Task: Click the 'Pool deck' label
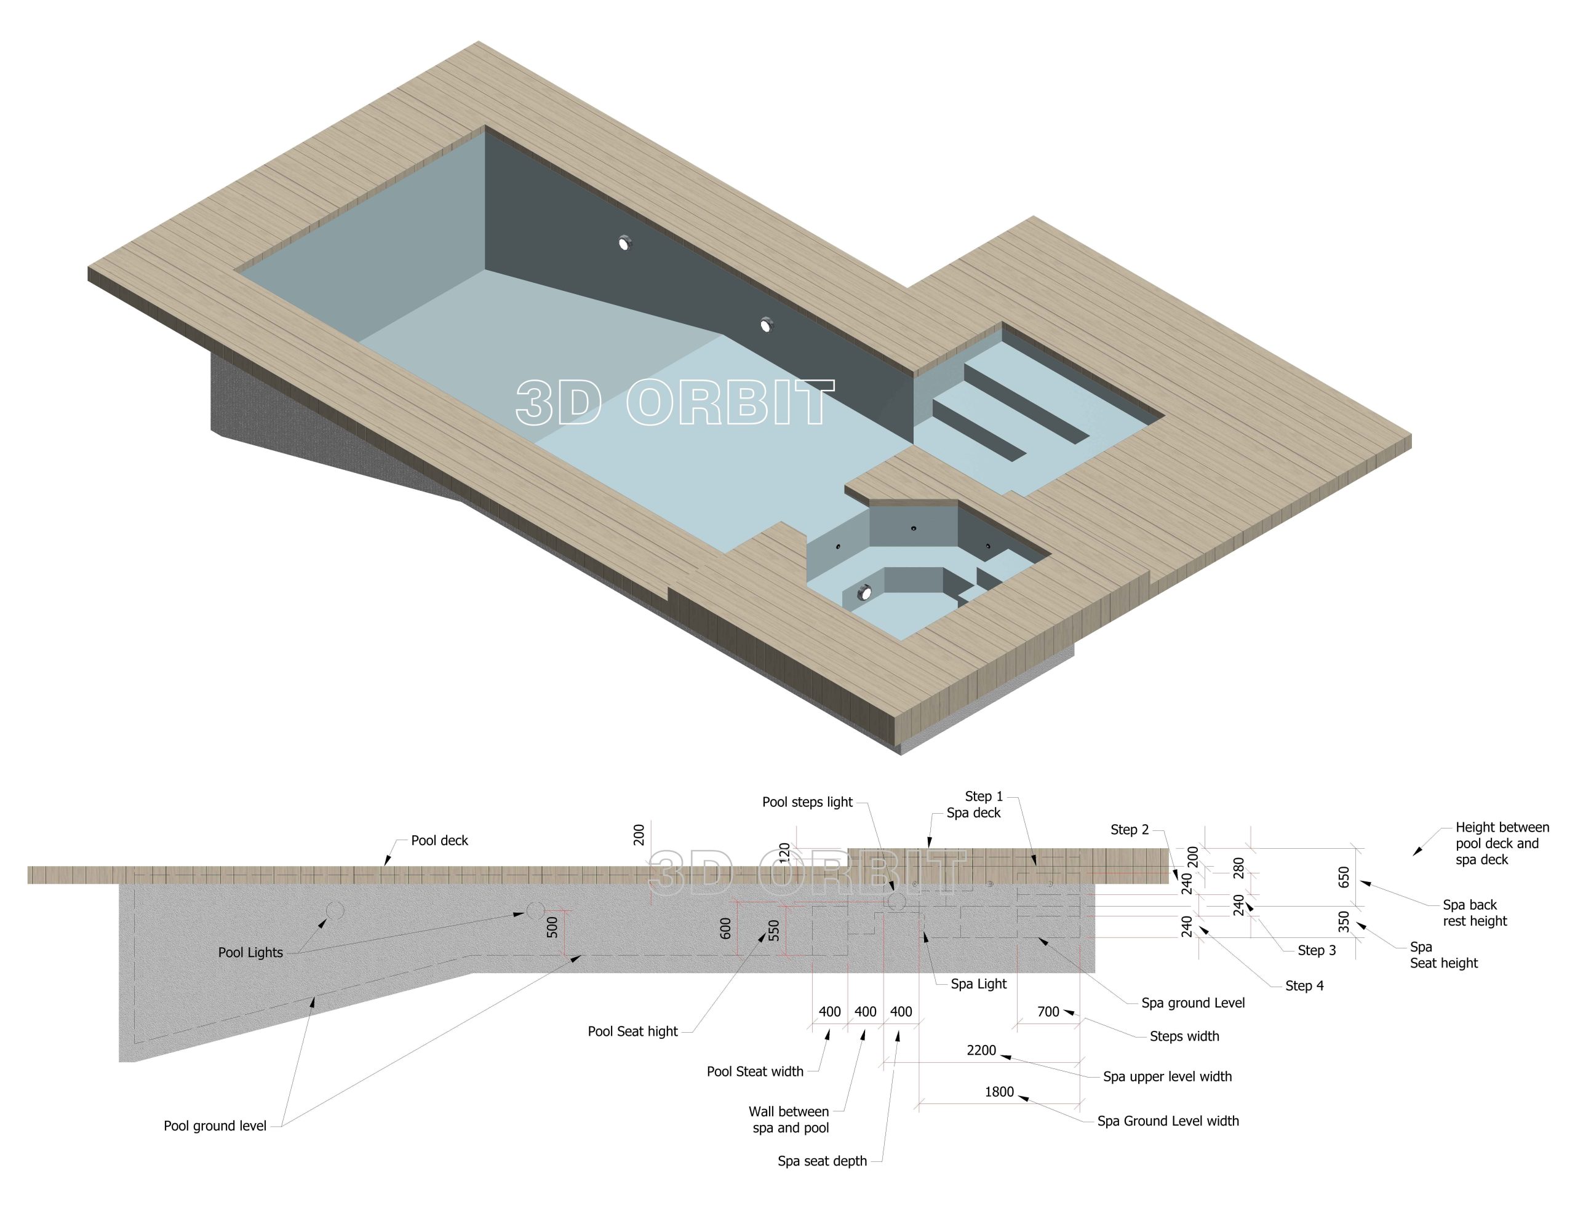coord(439,840)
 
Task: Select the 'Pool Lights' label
coord(250,952)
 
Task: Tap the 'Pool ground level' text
coord(215,1126)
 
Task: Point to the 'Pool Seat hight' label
coord(632,1031)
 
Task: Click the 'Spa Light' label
coord(979,984)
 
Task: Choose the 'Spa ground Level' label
coord(1193,1003)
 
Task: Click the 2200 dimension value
coord(981,1050)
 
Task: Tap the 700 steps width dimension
coord(1048,1012)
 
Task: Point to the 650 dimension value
coord(1344,877)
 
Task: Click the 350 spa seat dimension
coord(1344,922)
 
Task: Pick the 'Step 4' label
coord(1304,985)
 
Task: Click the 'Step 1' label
coord(984,797)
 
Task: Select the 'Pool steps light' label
coord(807,802)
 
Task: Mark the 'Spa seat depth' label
coord(822,1161)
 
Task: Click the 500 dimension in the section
coord(552,927)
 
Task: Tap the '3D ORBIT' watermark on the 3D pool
coord(675,402)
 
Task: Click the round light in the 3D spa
coord(863,593)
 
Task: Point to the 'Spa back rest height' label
coord(1475,913)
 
